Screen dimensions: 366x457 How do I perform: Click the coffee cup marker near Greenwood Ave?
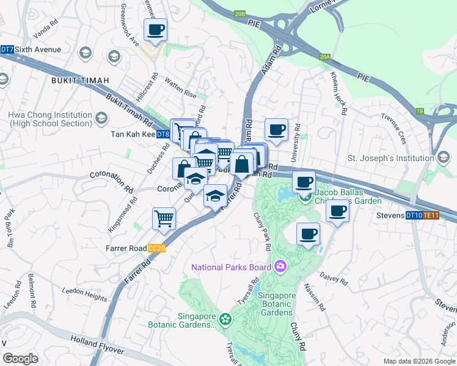155,29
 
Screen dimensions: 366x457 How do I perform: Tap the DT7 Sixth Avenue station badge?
7,49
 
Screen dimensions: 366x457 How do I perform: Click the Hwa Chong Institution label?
50,119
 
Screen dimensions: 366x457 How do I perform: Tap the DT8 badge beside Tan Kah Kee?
163,135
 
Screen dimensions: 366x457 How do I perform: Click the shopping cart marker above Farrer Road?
164,218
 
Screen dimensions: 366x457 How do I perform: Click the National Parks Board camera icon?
280,266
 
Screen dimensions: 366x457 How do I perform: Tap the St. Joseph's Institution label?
390,159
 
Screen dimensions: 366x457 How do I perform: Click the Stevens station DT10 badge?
414,215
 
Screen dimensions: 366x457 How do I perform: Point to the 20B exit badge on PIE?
240,13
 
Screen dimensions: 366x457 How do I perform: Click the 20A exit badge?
324,57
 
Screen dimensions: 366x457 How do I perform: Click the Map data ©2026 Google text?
419,361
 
